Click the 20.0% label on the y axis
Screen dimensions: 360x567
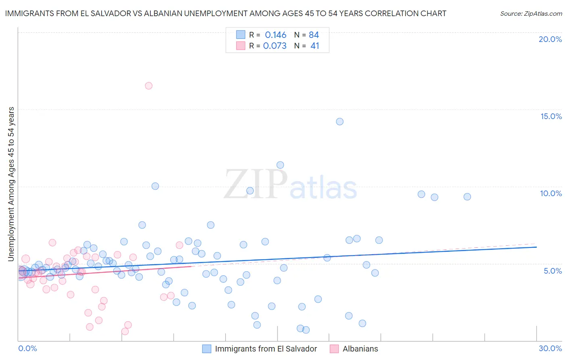(x=550, y=39)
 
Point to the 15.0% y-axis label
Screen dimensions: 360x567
(x=551, y=116)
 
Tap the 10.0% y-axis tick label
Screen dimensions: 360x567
(x=551, y=193)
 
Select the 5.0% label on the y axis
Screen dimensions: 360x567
(x=552, y=271)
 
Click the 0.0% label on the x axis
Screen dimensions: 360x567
(x=27, y=349)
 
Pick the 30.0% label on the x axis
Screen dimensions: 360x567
(x=550, y=349)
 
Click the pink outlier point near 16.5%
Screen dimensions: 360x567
(x=148, y=86)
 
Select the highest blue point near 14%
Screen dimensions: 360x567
(x=340, y=121)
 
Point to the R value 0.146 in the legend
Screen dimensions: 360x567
(x=275, y=35)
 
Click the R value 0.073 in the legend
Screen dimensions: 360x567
(x=275, y=46)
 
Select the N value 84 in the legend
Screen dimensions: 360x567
(x=314, y=35)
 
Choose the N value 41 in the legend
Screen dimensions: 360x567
(x=315, y=46)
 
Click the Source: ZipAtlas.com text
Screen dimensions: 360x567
(x=531, y=14)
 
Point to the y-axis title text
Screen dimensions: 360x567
(x=11, y=184)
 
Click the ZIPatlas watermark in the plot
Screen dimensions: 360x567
(x=290, y=185)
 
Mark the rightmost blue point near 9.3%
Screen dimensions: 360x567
(x=467, y=197)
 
